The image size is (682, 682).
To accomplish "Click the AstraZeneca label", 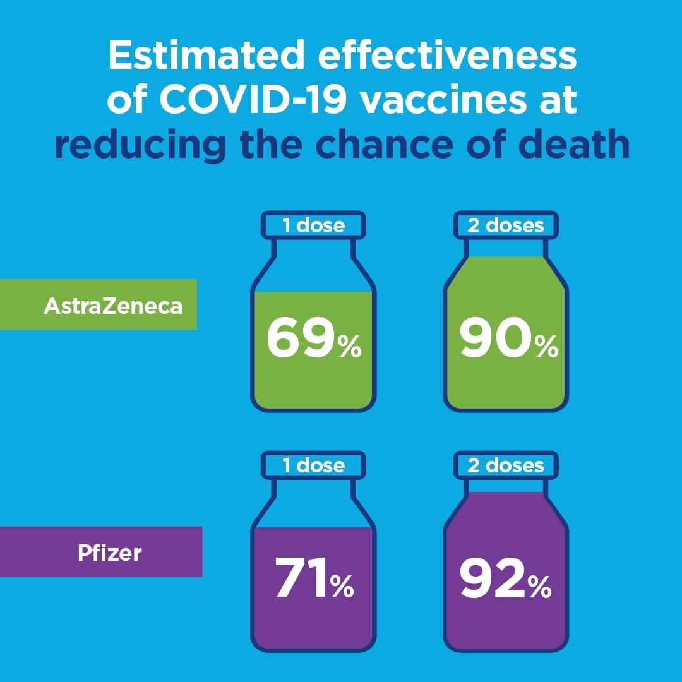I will [x=113, y=306].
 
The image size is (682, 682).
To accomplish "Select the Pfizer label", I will [x=110, y=553].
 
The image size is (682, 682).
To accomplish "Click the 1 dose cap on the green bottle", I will [x=313, y=225].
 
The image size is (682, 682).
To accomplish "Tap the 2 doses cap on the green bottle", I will [x=506, y=225].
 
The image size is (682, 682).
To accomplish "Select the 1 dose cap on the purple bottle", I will [x=313, y=465].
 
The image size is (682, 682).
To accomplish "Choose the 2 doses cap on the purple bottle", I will [x=506, y=465].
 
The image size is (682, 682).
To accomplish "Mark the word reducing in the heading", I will [x=140, y=145].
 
